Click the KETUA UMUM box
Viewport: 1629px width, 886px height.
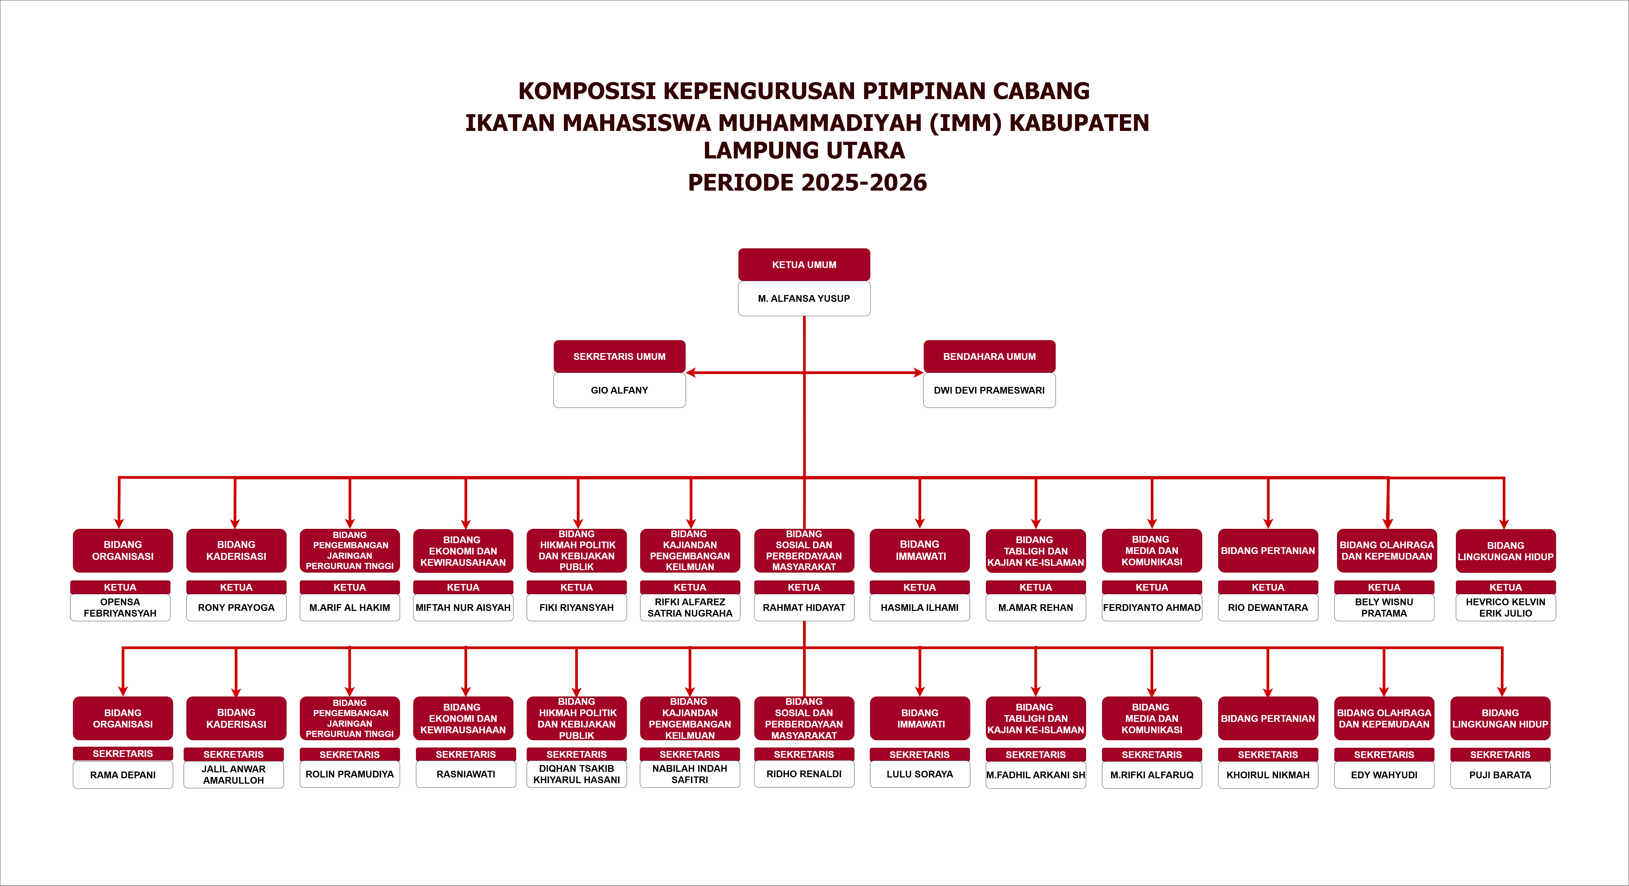pyautogui.click(x=804, y=265)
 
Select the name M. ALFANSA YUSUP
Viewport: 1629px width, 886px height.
pyautogui.click(x=804, y=298)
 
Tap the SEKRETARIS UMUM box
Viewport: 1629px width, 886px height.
pyautogui.click(x=619, y=356)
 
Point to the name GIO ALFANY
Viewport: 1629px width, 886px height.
pyautogui.click(x=619, y=390)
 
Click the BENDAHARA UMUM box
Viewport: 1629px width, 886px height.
pyautogui.click(x=989, y=356)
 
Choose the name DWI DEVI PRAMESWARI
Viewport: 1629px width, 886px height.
pyautogui.click(x=989, y=390)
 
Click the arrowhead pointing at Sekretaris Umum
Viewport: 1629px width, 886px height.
pyautogui.click(x=691, y=373)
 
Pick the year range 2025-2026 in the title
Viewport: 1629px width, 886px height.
pyautogui.click(x=864, y=183)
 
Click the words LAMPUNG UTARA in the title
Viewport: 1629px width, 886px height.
pyautogui.click(x=804, y=150)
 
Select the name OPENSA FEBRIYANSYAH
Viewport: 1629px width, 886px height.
pyautogui.click(x=120, y=607)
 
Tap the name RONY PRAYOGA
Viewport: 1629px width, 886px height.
pyautogui.click(x=236, y=607)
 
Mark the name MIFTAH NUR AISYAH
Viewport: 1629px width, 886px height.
pyautogui.click(x=463, y=607)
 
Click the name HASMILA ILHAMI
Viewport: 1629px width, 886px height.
pyautogui.click(x=919, y=607)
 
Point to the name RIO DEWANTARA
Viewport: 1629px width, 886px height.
pyautogui.click(x=1268, y=607)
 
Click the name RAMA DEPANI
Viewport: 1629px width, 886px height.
pyautogui.click(x=123, y=775)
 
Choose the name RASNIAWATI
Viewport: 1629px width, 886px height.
pyautogui.click(x=465, y=774)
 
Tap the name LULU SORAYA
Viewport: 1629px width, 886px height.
pyautogui.click(x=919, y=774)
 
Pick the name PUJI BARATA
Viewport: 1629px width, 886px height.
pyautogui.click(x=1500, y=775)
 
